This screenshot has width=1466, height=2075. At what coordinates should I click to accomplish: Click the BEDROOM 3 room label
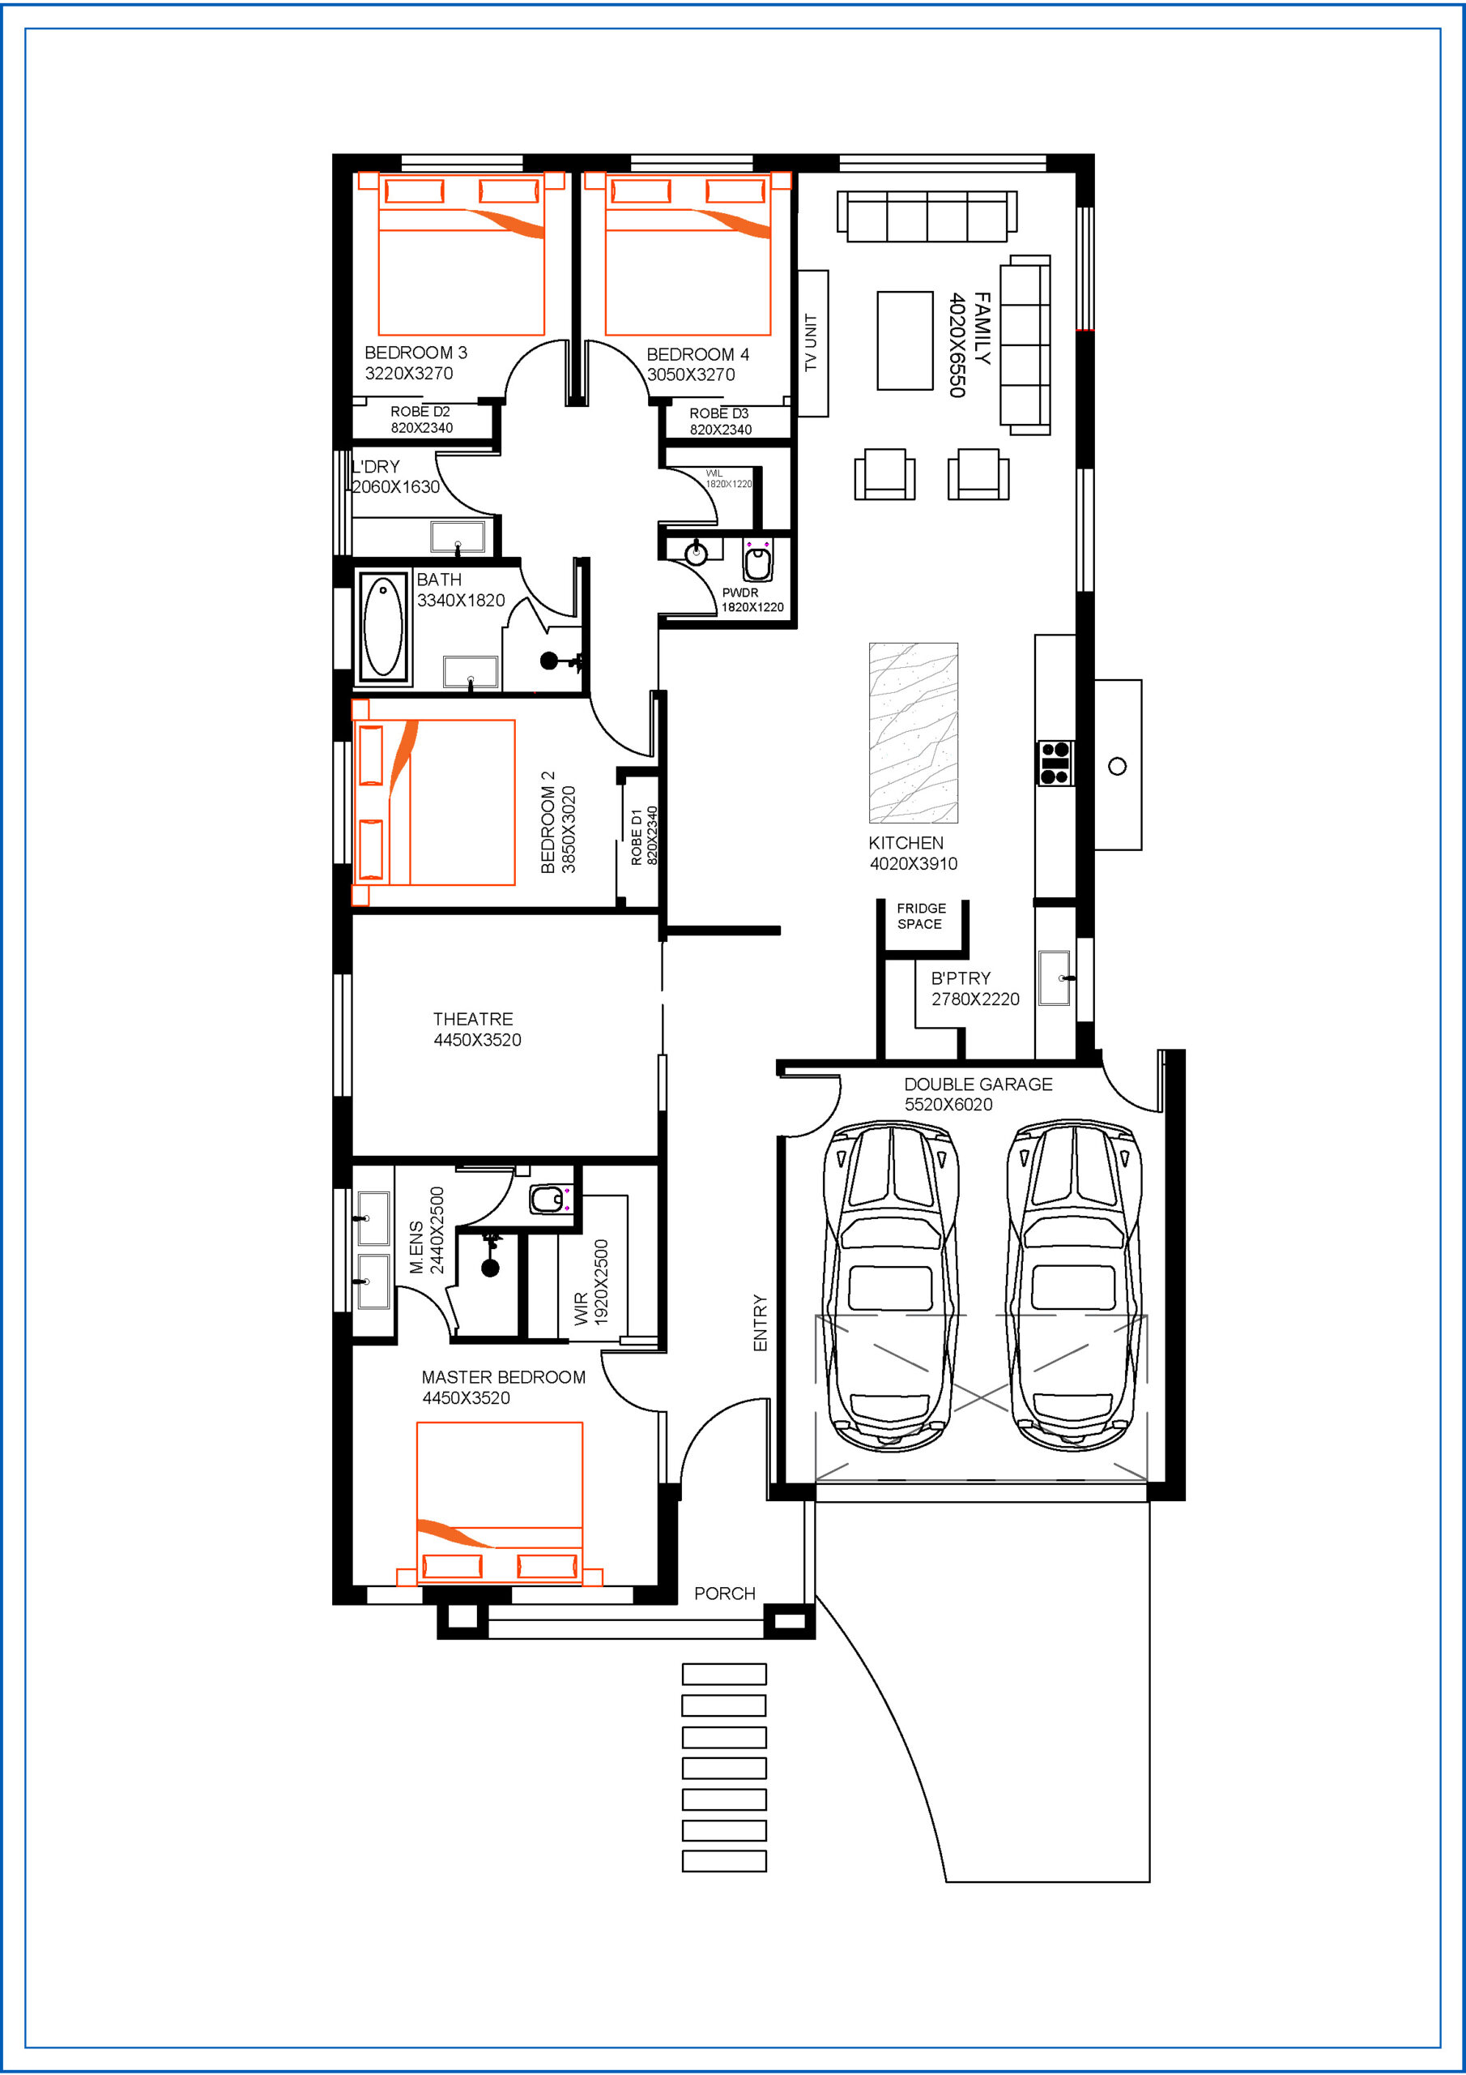[416, 353]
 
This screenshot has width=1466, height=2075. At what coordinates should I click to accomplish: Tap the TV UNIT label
[810, 343]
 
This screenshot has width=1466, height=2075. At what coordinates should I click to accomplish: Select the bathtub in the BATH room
[383, 627]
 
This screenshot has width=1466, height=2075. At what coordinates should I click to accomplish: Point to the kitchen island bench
[913, 733]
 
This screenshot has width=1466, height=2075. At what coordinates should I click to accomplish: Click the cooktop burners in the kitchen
[1055, 763]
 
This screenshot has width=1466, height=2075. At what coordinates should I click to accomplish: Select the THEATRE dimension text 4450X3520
[477, 1040]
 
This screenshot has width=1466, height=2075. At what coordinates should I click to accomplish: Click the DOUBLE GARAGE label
[978, 1084]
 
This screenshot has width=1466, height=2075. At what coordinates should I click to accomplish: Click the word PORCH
[724, 1594]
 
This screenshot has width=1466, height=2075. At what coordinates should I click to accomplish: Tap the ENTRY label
[760, 1323]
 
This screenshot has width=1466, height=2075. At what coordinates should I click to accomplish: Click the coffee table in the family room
[905, 340]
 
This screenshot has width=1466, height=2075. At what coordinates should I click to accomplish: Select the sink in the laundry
[458, 537]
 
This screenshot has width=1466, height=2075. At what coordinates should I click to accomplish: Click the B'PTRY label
[960, 978]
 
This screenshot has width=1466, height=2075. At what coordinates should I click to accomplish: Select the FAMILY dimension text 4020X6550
[957, 344]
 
